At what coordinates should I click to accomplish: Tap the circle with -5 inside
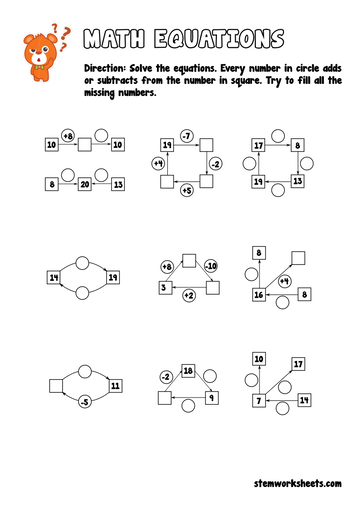point(83,403)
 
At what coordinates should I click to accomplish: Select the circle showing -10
point(211,267)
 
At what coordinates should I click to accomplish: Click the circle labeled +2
point(188,297)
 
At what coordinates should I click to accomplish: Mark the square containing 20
point(85,185)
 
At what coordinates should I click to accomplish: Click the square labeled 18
point(187,372)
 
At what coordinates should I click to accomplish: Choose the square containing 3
point(164,288)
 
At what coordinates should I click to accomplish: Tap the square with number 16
point(259,295)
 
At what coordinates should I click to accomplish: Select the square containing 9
point(211,398)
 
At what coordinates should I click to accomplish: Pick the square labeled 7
point(258,400)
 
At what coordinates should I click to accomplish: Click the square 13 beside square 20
point(118,185)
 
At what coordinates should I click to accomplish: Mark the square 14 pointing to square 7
point(305,400)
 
